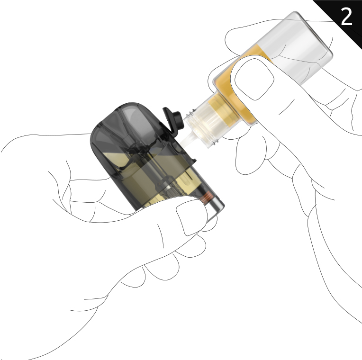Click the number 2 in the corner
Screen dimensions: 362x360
pos(346,17)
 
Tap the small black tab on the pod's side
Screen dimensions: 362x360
pos(193,160)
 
